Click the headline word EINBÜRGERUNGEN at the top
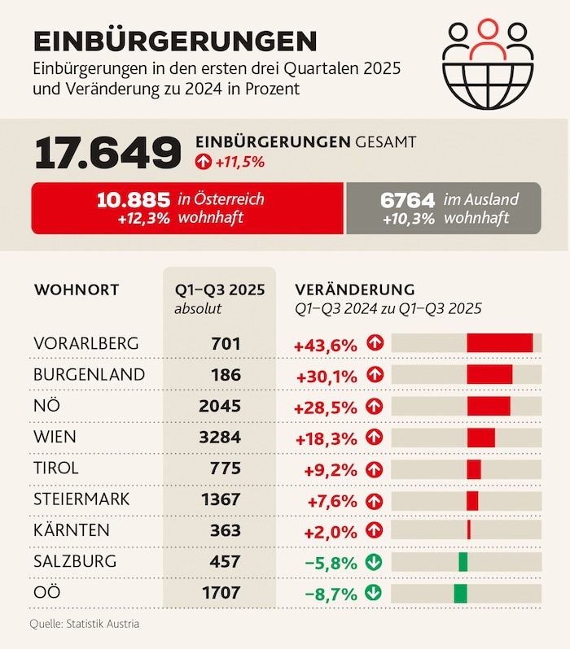point(175,41)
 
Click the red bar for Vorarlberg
point(499,343)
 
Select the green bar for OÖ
point(461,593)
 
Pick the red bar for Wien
point(480,437)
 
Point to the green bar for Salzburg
point(463,561)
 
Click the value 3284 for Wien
point(220,437)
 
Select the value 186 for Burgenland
point(225,374)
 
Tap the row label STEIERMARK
point(81,499)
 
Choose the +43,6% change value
point(326,344)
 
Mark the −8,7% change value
point(331,593)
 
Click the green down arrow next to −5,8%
point(375,561)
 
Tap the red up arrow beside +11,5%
point(203,162)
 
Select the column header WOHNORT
point(77,290)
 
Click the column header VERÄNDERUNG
point(354,290)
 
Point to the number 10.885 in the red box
point(133,199)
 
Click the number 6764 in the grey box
point(407,199)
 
